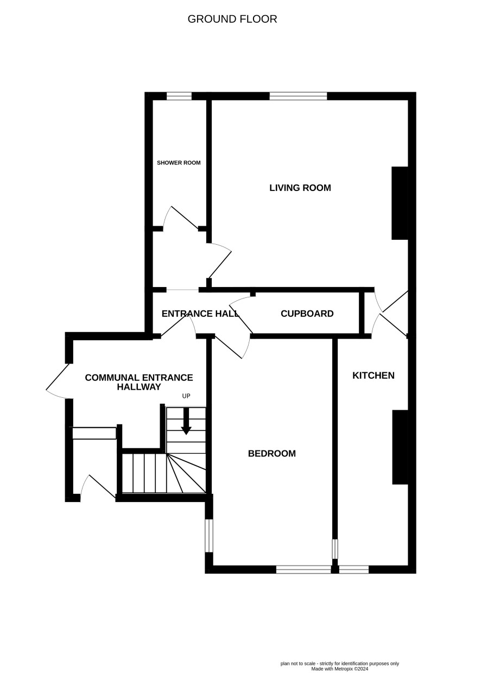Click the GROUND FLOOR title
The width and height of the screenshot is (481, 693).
232,19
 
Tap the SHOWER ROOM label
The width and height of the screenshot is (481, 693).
179,163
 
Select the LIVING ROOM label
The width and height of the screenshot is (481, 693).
300,188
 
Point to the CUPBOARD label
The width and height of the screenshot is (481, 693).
307,314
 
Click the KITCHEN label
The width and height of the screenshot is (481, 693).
374,376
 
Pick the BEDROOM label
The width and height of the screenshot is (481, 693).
272,453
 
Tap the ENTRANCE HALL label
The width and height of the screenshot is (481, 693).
200,314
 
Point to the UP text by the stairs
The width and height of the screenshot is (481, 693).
186,396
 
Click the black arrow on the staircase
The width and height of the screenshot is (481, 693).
186,421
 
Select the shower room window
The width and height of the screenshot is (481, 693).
179,96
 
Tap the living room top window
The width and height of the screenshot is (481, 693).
298,96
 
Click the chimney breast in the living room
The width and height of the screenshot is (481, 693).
400,203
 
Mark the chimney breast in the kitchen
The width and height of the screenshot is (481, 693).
401,447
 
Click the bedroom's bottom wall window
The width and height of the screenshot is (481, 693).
303,569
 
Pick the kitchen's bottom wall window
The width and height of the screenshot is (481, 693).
354,569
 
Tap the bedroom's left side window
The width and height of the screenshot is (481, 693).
209,536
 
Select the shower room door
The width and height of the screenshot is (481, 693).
181,218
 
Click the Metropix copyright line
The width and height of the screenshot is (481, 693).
340,669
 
